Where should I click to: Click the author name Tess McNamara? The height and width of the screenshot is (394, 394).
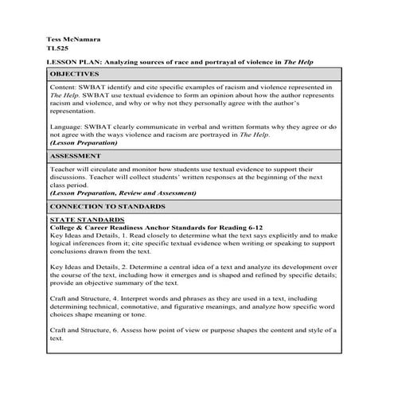click(x=72, y=38)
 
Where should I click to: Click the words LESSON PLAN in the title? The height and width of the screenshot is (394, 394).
click(x=73, y=60)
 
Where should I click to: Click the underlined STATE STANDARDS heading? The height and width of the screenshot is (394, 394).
click(x=86, y=219)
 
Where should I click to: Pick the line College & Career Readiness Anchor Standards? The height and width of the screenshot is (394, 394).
click(x=135, y=227)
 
